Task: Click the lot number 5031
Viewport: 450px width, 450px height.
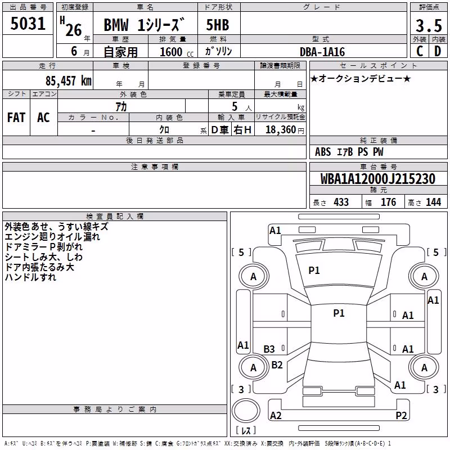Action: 28,24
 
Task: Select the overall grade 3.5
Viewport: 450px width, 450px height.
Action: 429,25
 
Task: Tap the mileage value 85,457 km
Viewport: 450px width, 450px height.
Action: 68,81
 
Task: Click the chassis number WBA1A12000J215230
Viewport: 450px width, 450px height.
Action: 378,179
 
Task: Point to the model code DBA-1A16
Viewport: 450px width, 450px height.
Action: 322,52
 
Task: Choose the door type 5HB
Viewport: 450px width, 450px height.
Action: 218,25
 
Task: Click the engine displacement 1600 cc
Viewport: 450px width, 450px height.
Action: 177,52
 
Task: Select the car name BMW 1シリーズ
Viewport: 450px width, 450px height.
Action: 144,25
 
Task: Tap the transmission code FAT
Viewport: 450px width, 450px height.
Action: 16,118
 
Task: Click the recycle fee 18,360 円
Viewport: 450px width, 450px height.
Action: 285,130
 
